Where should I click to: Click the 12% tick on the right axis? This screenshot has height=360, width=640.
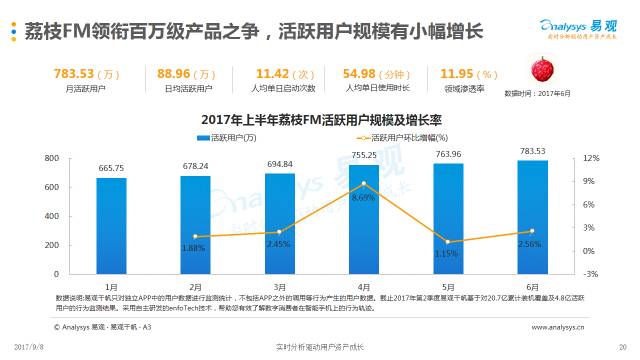coord(590,158)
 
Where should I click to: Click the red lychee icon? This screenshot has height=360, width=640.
coord(544,73)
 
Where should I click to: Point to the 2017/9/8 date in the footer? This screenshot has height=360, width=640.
coord(34,346)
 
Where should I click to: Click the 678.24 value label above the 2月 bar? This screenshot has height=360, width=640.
coord(196,166)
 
